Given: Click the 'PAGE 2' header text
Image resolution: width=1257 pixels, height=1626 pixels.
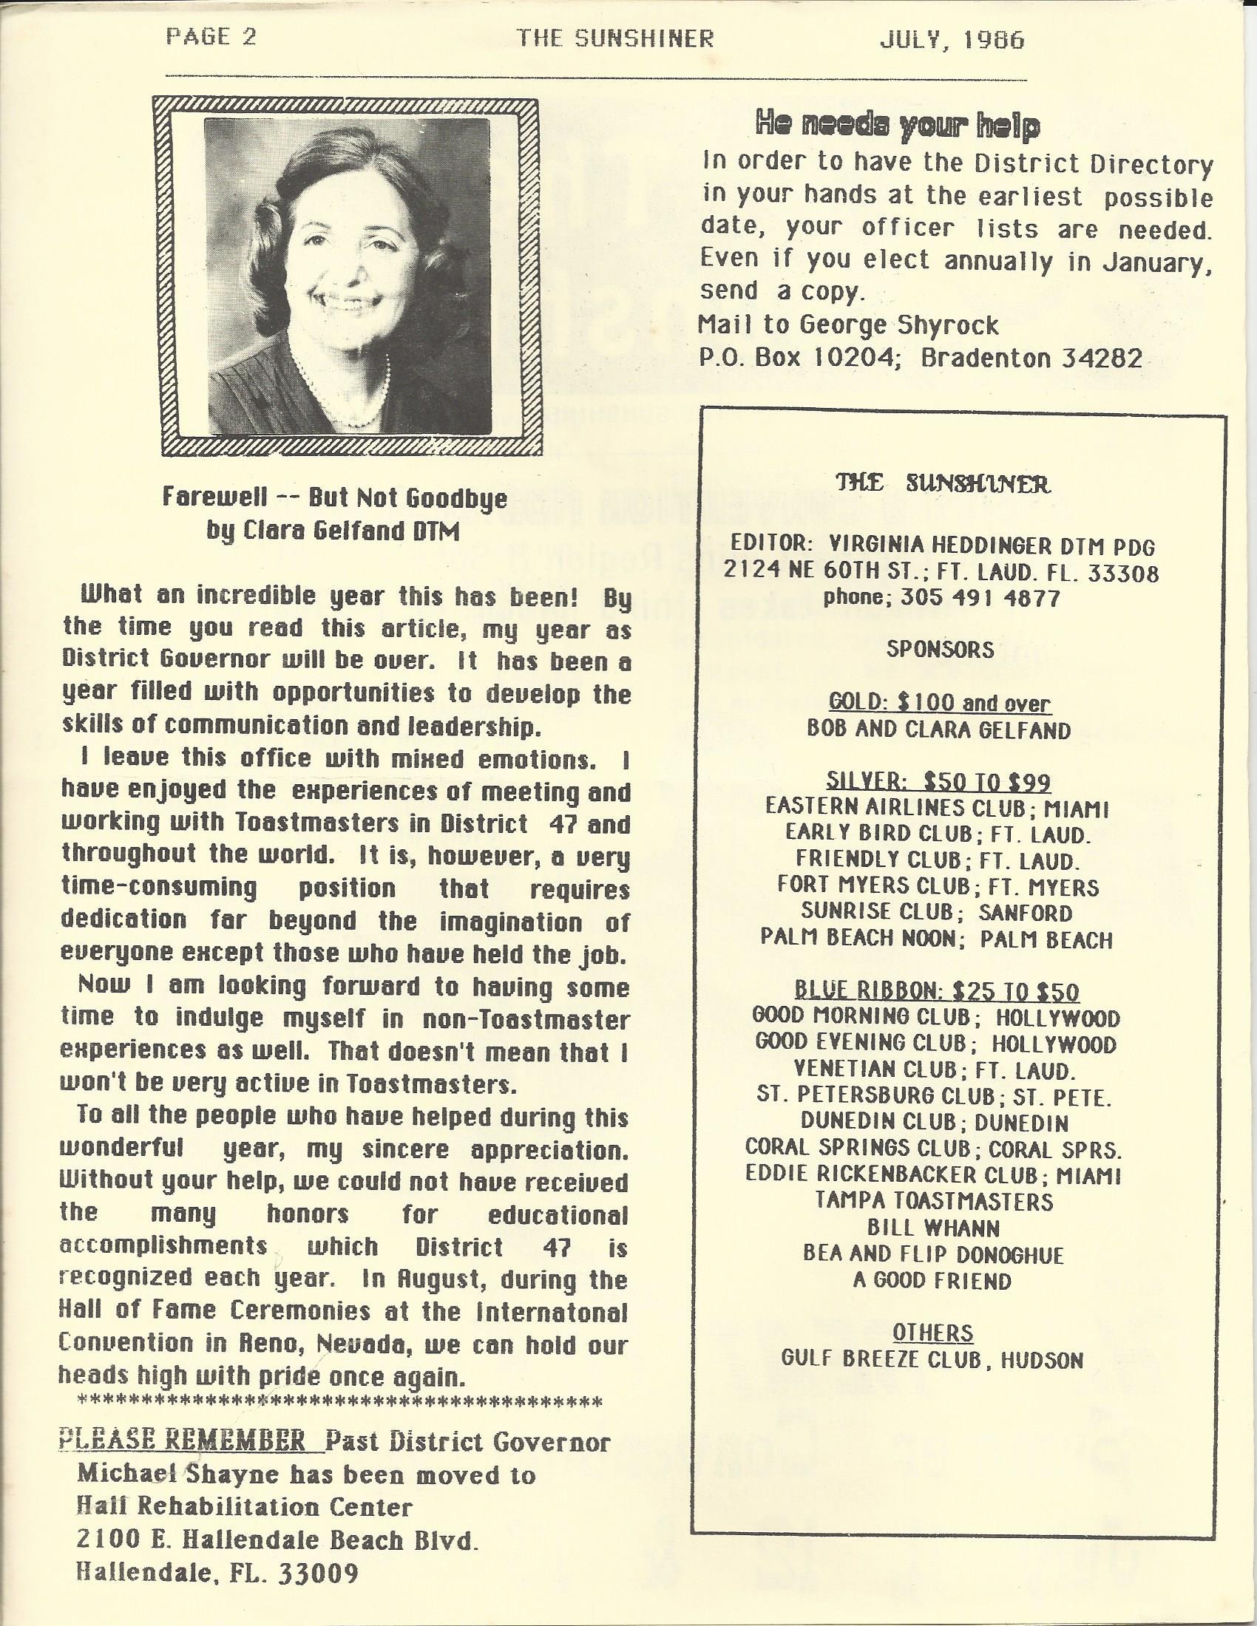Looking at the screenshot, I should (211, 38).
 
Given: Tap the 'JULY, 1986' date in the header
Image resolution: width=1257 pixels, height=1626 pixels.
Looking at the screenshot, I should (952, 39).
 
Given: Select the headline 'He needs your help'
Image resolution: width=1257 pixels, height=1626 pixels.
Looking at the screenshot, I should (897, 126).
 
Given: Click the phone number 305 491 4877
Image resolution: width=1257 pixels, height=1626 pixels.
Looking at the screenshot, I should (980, 598).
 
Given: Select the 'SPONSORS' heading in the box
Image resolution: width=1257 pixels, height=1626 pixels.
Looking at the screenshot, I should (940, 650).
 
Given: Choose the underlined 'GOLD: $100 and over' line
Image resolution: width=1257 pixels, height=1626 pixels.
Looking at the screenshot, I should (940, 703).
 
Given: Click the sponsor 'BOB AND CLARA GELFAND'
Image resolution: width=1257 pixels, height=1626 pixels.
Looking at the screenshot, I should (938, 729).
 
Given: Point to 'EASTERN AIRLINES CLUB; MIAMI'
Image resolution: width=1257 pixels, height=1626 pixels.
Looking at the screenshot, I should (938, 809).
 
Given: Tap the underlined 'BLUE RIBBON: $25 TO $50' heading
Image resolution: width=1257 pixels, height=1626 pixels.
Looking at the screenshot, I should (937, 991).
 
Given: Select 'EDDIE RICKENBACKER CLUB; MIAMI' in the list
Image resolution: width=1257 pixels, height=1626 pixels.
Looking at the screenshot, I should (934, 1175).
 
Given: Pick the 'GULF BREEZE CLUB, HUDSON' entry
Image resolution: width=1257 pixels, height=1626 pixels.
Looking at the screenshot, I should (932, 1359).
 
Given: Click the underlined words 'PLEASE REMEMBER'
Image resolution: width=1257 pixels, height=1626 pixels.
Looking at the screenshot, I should (181, 1461).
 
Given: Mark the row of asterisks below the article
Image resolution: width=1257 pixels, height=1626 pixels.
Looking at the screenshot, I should (339, 1423).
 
